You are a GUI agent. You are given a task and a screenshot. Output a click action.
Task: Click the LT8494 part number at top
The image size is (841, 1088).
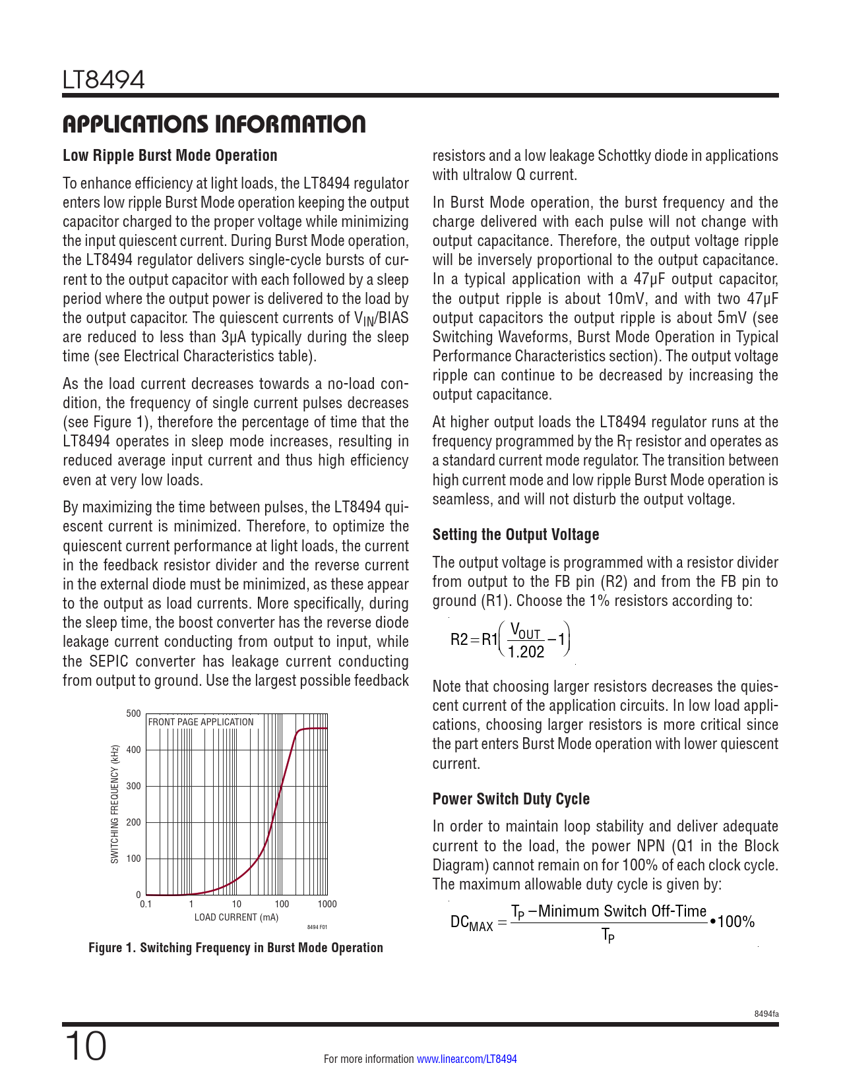point(104,80)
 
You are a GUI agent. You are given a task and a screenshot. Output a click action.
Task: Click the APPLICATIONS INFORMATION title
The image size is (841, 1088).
point(214,124)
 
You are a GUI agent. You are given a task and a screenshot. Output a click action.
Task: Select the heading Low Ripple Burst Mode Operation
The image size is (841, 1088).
point(170,156)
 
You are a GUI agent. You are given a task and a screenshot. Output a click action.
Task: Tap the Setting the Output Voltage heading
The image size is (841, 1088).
point(516,535)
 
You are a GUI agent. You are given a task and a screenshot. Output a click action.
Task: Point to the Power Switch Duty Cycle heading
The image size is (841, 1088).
point(511,799)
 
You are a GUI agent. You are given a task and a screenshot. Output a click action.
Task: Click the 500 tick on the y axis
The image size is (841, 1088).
point(133,713)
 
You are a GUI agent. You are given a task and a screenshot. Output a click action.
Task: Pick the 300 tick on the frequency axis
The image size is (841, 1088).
point(133,786)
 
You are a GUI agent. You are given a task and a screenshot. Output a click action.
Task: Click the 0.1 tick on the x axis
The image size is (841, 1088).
point(146,904)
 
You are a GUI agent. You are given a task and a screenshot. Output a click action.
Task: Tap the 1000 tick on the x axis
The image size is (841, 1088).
point(327,904)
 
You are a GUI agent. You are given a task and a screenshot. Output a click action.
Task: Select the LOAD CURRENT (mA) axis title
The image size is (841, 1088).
point(236,917)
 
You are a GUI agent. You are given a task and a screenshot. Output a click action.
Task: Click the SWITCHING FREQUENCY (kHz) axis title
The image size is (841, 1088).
point(115,804)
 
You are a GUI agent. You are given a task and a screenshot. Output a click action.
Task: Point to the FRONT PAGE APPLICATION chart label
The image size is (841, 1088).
point(201,722)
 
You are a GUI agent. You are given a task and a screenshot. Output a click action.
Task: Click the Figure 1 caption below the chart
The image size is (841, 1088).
point(235,948)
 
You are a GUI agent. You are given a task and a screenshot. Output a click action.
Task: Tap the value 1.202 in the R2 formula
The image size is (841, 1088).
point(526,652)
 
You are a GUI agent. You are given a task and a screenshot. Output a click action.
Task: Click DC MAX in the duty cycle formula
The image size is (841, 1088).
point(471,922)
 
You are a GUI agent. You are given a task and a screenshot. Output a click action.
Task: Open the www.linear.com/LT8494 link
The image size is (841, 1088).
point(467,1059)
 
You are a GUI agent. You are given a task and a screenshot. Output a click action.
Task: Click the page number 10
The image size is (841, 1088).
point(85,1046)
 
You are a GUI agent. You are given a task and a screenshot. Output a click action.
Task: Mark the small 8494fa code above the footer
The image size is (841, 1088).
point(766,1014)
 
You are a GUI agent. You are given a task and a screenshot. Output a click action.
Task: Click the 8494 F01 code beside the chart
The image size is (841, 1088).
point(317,927)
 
